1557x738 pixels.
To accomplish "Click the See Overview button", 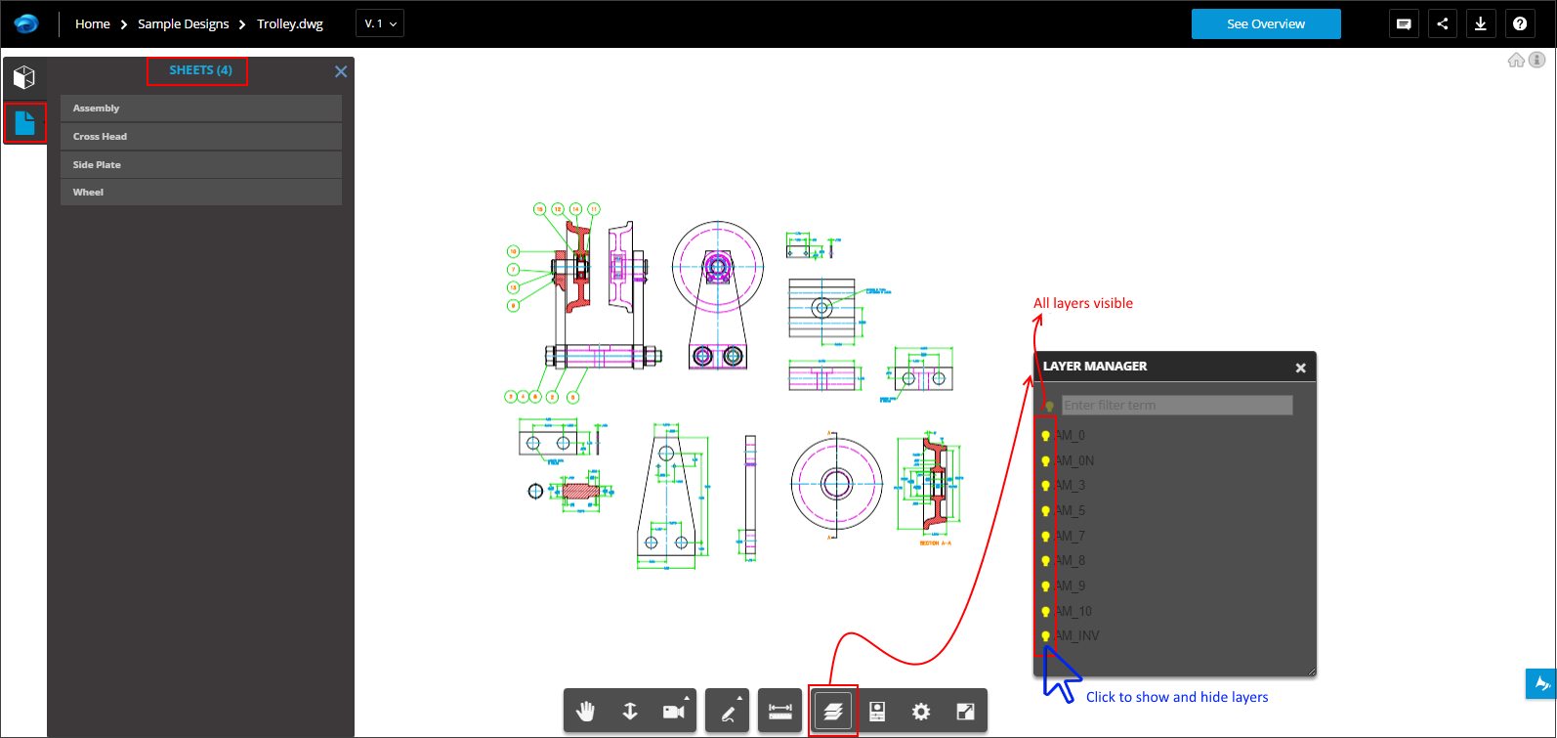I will click(x=1265, y=24).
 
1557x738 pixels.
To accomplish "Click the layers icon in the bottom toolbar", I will click(x=832, y=712).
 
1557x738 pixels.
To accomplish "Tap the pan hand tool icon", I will click(x=585, y=712).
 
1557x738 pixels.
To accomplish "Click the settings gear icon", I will click(x=920, y=712).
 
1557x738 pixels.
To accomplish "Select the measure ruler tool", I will click(x=780, y=712).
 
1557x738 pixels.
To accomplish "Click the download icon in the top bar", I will click(x=1480, y=24).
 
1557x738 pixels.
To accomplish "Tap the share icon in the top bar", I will click(x=1442, y=24).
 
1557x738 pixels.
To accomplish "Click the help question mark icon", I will click(x=1520, y=24).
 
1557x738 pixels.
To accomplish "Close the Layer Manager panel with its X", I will click(x=1300, y=369).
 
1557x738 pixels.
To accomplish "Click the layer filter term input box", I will click(x=1177, y=405).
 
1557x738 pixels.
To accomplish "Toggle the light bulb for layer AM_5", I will click(x=1045, y=511).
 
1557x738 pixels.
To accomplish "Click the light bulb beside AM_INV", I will click(x=1045, y=636).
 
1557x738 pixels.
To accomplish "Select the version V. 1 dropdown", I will click(x=380, y=23).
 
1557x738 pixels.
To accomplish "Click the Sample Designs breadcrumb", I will click(x=183, y=24).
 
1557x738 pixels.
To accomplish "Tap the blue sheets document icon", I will click(x=24, y=123).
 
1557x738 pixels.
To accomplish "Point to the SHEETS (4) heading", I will click(x=200, y=70).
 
